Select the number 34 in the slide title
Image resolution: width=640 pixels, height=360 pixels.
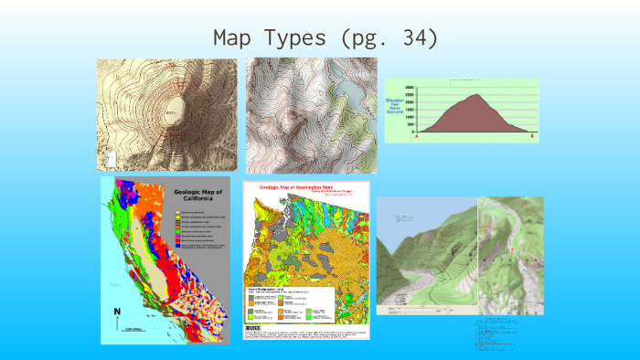coord(415,38)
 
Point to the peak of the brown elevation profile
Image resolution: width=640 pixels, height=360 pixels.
coord(475,96)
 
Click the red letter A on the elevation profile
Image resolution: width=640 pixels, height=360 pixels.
coord(419,136)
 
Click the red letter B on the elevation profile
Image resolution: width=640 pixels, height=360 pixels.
coord(533,136)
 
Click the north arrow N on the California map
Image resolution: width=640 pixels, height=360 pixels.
coord(116,313)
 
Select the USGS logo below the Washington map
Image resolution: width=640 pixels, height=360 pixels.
coord(253,326)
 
